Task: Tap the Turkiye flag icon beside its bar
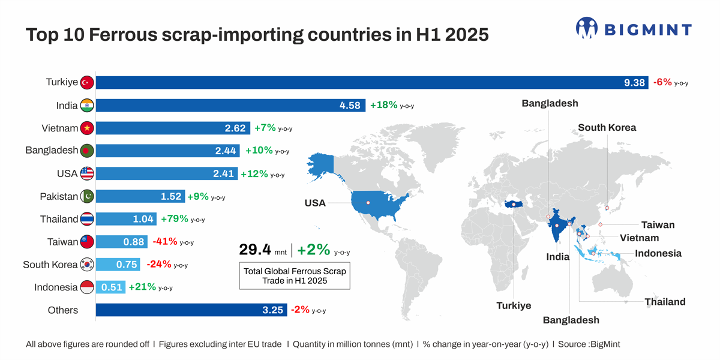coord(87,82)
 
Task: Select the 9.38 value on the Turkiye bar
coord(634,83)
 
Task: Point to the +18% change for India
coord(384,105)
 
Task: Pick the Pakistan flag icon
coord(87,196)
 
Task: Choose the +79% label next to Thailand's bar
coord(175,219)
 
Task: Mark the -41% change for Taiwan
coord(165,242)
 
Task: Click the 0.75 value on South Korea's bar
coord(127,265)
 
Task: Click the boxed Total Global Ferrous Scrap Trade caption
coord(295,276)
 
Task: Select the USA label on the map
coord(315,203)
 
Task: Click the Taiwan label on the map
coord(658,225)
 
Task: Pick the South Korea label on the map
coord(607,127)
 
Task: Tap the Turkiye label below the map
coord(514,305)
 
